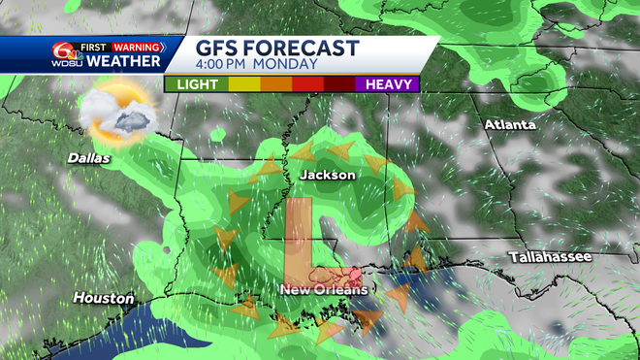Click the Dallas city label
pos(89,157)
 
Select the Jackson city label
pos(328,175)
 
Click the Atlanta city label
pos(510,125)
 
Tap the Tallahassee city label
pos(550,257)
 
